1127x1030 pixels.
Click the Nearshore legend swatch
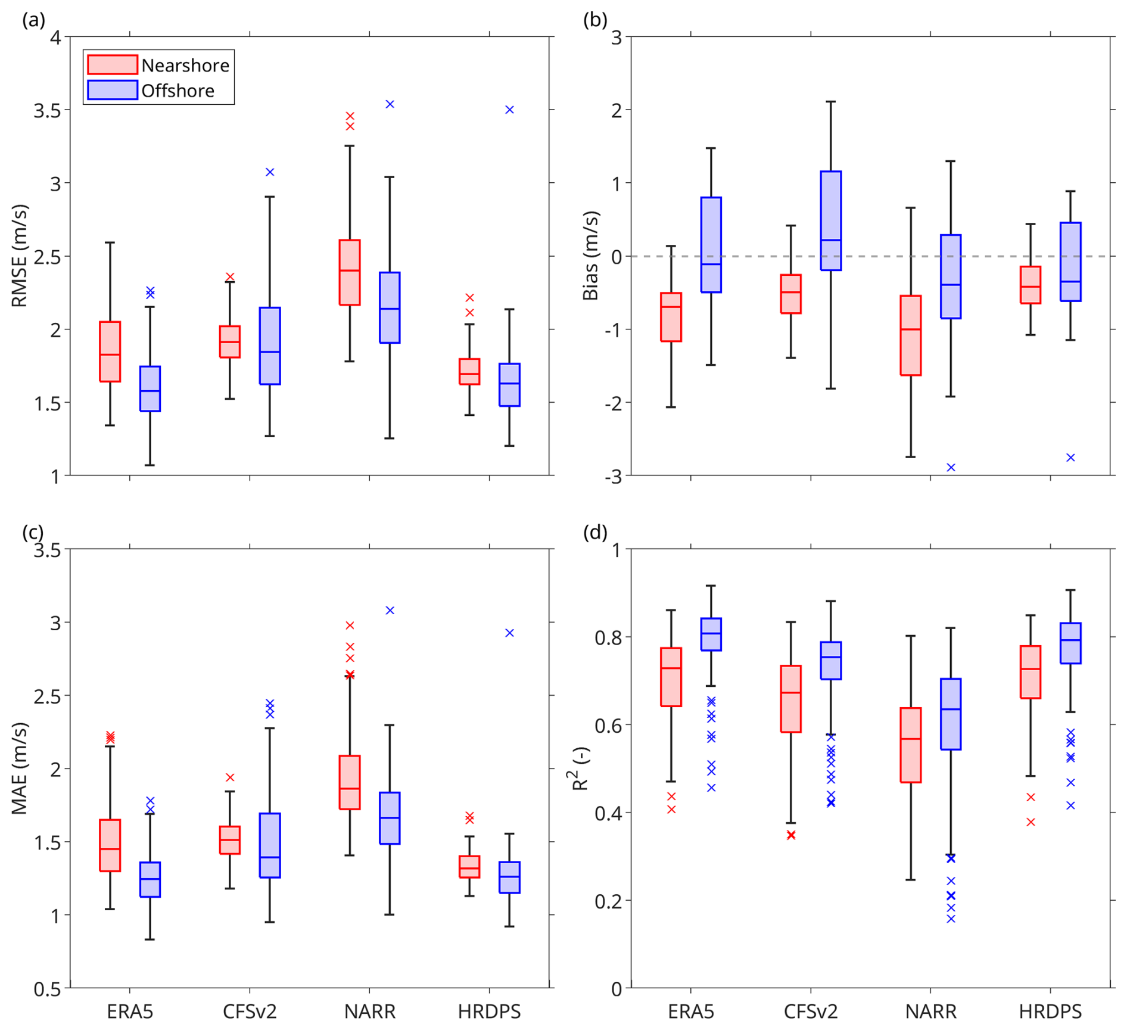point(113,64)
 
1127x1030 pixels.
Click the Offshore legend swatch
point(113,90)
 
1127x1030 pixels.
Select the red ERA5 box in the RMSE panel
point(110,351)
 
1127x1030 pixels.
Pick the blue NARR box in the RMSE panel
point(390,307)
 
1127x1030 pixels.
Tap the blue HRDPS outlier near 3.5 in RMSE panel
point(510,110)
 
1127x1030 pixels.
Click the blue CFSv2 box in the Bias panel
point(831,220)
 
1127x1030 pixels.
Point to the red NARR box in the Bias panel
point(911,335)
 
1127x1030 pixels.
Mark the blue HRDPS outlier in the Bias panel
point(1070,458)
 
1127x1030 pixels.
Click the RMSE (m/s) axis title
point(20,256)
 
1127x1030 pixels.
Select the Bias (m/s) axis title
point(590,256)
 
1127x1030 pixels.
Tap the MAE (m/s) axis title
point(20,768)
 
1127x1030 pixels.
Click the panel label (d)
point(595,533)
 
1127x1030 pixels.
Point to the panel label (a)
point(33,20)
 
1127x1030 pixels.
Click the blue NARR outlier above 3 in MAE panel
point(390,611)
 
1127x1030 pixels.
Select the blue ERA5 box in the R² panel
point(711,634)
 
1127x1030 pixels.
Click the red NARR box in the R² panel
point(911,745)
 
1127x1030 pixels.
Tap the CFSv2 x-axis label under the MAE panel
point(250,1011)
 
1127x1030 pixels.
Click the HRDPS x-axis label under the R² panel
point(1050,1011)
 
